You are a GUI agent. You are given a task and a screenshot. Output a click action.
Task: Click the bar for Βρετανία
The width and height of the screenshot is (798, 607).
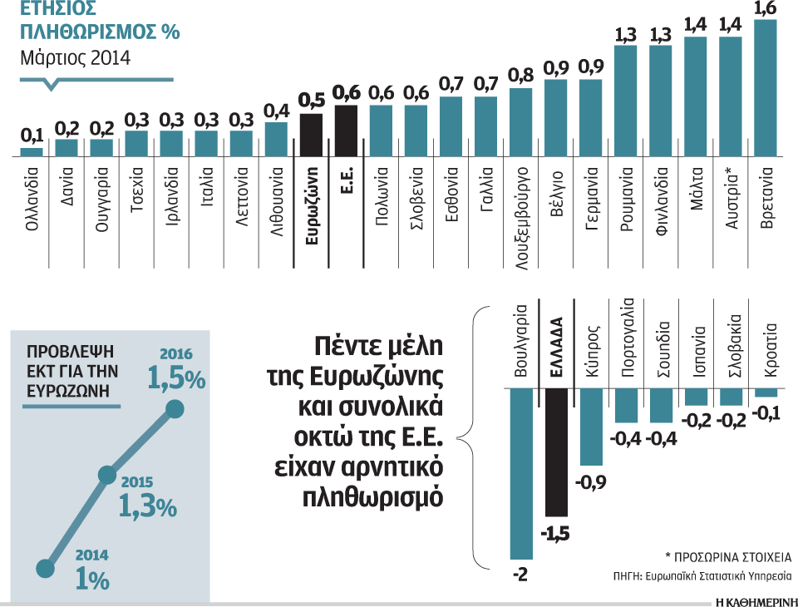point(765,87)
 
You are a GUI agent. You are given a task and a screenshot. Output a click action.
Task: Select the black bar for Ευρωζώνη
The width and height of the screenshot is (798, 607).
point(311,135)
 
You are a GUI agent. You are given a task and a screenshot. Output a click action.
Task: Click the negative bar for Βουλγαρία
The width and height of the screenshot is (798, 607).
point(521,474)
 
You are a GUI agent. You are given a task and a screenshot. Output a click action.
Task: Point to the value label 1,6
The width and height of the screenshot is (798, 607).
point(765,9)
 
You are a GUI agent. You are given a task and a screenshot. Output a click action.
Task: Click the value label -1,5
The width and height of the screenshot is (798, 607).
point(555,533)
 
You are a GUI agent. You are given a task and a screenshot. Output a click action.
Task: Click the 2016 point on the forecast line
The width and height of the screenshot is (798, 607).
point(175,408)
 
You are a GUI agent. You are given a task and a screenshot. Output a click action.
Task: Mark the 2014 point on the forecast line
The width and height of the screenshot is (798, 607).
point(44,569)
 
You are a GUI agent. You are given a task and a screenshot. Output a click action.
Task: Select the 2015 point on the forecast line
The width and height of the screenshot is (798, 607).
point(106,475)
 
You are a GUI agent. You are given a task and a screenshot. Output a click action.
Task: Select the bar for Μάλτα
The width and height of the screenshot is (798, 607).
point(695,96)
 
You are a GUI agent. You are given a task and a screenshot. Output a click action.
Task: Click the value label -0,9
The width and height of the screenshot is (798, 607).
point(591,481)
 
